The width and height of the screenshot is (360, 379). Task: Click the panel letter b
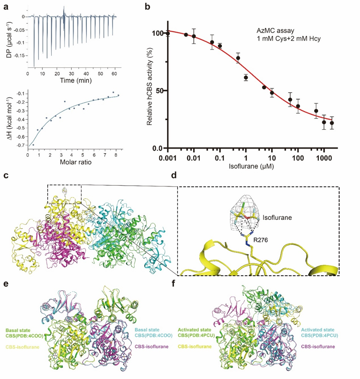[147, 7]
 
